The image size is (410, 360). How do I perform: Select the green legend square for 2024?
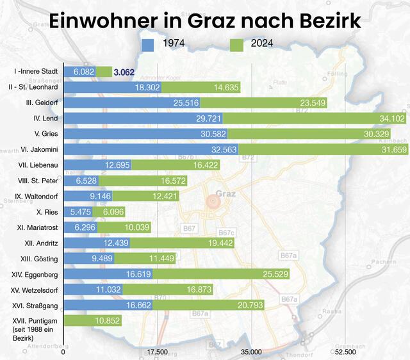click(x=236, y=45)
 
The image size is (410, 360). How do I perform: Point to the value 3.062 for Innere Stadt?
click(x=124, y=72)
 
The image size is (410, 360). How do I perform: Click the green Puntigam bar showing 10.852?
click(x=93, y=320)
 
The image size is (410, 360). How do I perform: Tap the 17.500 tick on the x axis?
click(x=158, y=352)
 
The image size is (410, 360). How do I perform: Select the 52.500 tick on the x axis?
click(x=345, y=352)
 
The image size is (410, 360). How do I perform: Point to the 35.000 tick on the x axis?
click(x=252, y=352)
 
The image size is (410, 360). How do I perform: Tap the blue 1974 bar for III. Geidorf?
click(x=133, y=103)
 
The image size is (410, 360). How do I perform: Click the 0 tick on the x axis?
click(x=63, y=352)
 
